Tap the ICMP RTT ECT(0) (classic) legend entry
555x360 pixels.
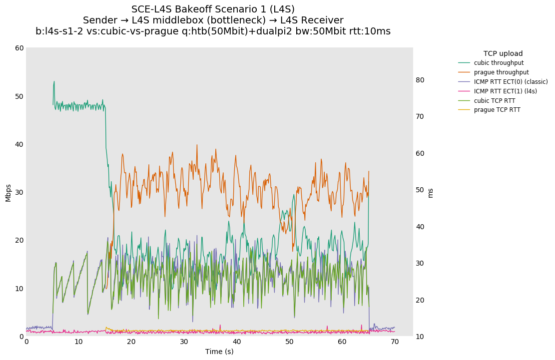pyautogui.click(x=511, y=82)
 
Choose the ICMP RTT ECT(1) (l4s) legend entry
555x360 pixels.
pyautogui.click(x=505, y=91)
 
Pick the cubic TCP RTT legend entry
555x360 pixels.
pyautogui.click(x=495, y=101)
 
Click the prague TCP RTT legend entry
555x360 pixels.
pyautogui.click(x=497, y=110)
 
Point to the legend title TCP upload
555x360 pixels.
pyautogui.click(x=503, y=53)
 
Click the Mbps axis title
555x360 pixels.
pyautogui.click(x=8, y=192)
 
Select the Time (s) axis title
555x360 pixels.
pyautogui.click(x=219, y=352)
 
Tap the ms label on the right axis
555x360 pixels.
pyautogui.click(x=431, y=192)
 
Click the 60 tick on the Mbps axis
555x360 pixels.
pyautogui.click(x=19, y=48)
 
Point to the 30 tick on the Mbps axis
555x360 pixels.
pyautogui.click(x=19, y=192)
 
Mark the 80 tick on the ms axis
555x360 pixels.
pyautogui.click(x=420, y=80)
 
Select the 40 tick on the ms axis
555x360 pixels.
pyautogui.click(x=420, y=227)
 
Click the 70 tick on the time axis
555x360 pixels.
pyautogui.click(x=395, y=342)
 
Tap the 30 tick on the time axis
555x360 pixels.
pyautogui.click(x=184, y=342)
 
